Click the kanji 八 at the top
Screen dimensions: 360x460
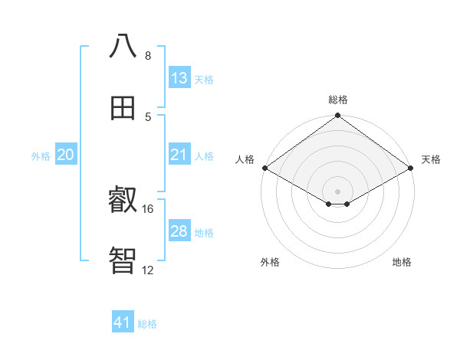click(123, 46)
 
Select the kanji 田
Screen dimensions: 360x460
click(123, 107)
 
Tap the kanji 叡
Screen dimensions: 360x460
click(123, 201)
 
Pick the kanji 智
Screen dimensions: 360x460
click(123, 260)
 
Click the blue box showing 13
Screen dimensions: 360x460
click(179, 78)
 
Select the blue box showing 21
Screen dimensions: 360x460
click(179, 155)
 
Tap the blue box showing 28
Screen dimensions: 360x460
click(179, 231)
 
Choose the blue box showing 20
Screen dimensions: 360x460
click(66, 155)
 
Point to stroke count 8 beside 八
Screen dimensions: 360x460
click(148, 56)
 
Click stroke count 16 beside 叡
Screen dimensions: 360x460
click(148, 208)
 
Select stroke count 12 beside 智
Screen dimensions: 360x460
click(148, 270)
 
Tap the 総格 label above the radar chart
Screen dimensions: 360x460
click(338, 100)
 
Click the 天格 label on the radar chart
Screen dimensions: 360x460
click(431, 159)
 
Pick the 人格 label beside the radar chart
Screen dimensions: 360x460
click(245, 159)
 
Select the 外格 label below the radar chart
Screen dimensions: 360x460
click(270, 262)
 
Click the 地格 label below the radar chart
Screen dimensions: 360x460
click(402, 262)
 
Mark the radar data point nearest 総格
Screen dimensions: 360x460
click(338, 116)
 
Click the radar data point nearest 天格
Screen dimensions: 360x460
click(411, 168)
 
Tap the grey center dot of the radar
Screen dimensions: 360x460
click(338, 191)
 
